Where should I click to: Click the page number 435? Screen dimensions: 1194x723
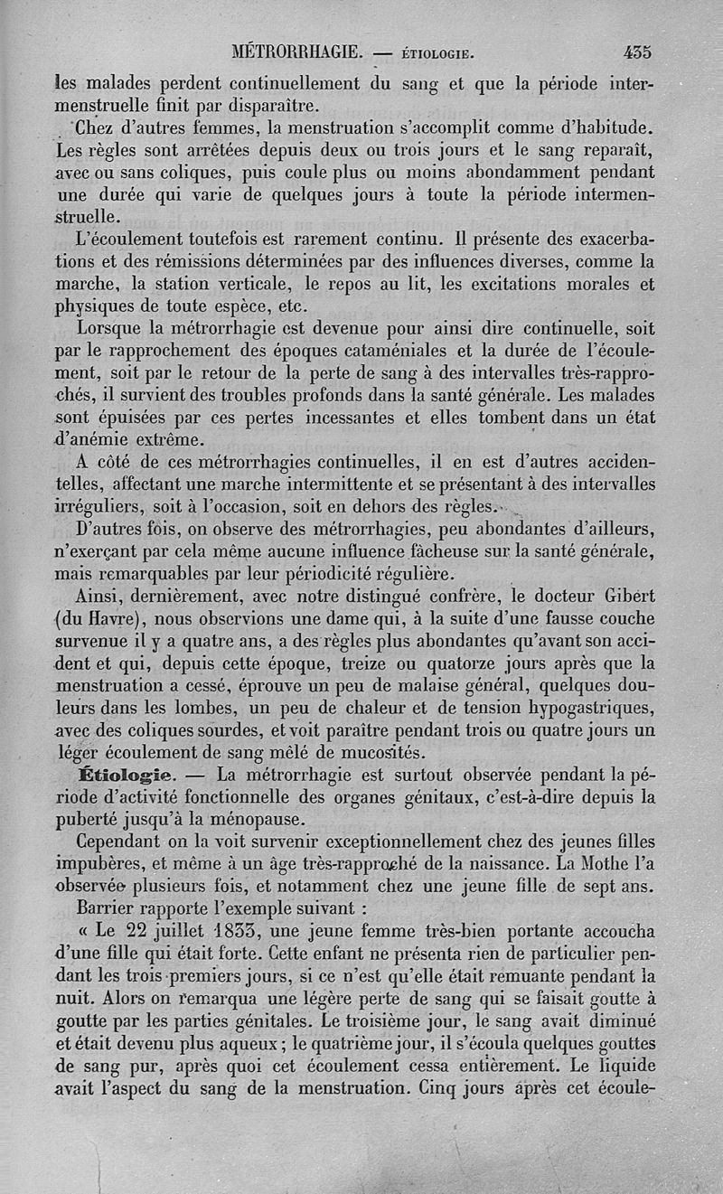[637, 52]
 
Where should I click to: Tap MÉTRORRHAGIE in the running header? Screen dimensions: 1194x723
[297, 52]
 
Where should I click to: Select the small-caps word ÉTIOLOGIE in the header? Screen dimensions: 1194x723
[438, 52]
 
